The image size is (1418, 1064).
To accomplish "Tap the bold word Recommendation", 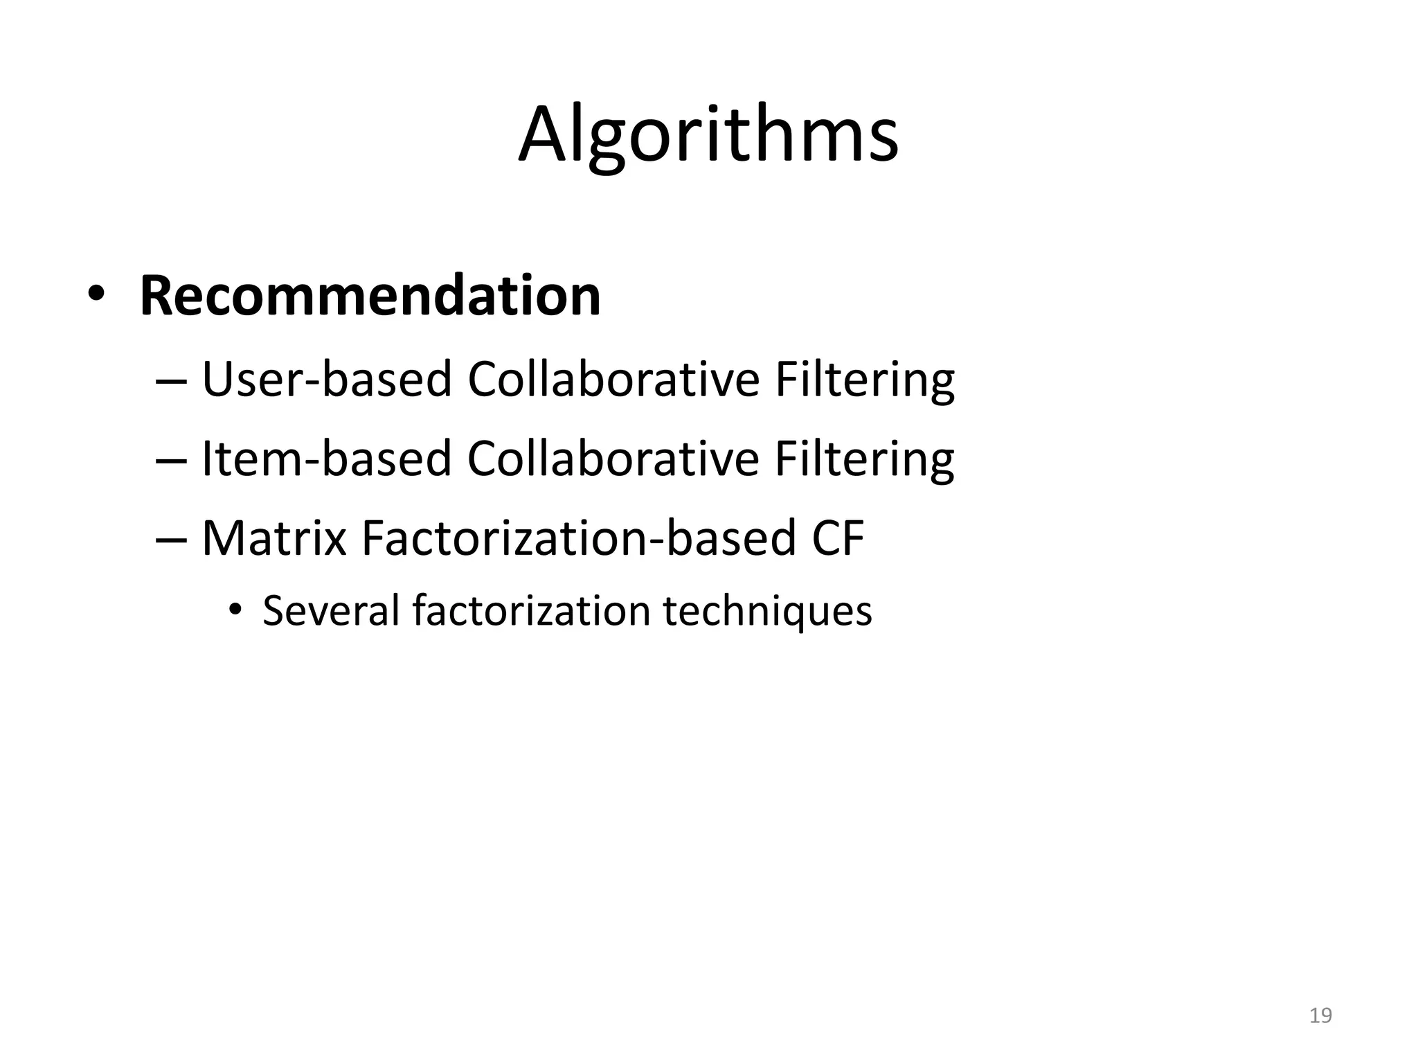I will coord(370,296).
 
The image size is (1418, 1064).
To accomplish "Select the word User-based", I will coord(327,380).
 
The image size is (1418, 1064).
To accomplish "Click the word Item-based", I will coord(326,459).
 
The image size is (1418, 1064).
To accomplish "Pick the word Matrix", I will coord(273,538).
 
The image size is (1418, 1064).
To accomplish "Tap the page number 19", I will coord(1320,1016).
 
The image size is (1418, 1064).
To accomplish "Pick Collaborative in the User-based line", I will coord(613,380).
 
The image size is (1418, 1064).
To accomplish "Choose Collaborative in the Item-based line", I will coord(613,459).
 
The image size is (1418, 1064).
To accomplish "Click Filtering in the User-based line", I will coord(864,381).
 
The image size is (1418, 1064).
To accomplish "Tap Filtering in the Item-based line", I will coord(864,460).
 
